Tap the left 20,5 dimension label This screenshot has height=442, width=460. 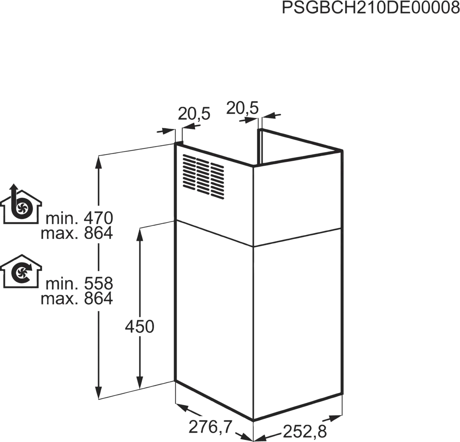(x=194, y=114)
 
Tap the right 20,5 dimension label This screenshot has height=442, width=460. (x=243, y=109)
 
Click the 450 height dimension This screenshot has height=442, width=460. (x=138, y=327)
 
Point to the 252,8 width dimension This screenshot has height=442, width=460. (x=305, y=431)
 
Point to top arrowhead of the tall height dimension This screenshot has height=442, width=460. (x=99, y=161)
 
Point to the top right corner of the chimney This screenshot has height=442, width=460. (x=343, y=150)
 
